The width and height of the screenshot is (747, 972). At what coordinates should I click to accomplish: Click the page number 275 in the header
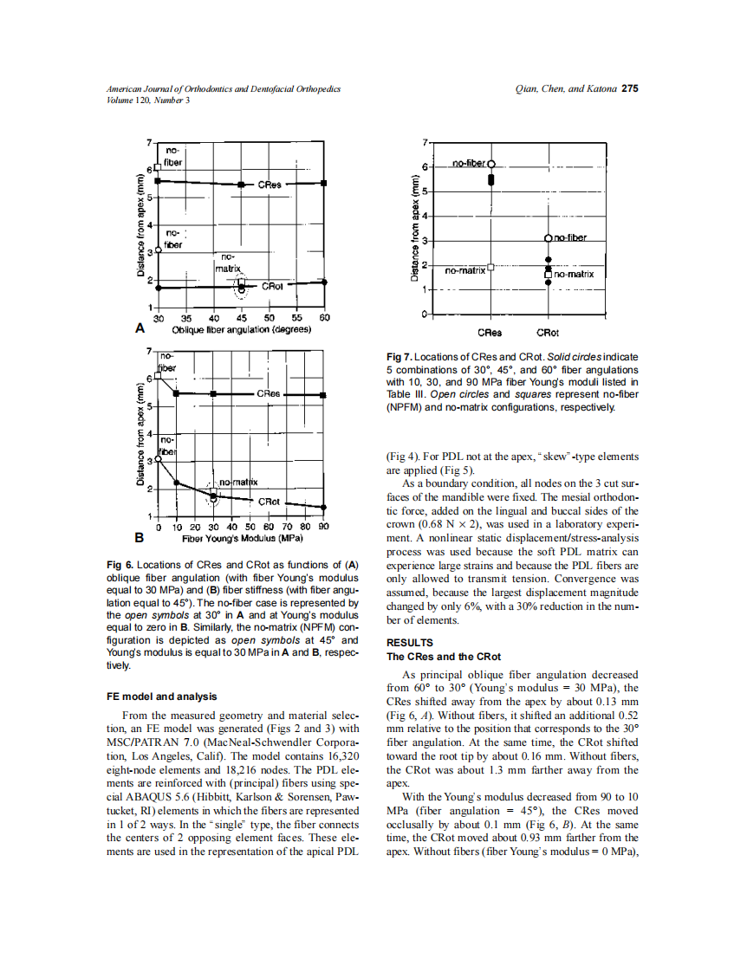tap(630, 88)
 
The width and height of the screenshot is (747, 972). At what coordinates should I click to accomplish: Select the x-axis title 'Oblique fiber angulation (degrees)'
tap(242, 330)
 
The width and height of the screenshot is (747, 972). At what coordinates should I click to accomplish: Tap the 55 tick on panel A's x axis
tap(297, 318)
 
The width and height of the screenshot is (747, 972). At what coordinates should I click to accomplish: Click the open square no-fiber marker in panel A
tap(158, 167)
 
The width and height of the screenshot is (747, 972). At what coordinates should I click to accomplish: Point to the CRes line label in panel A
tap(270, 185)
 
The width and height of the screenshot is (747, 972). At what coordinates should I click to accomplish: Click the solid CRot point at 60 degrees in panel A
tap(325, 281)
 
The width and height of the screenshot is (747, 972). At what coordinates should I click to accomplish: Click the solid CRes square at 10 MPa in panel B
tap(176, 393)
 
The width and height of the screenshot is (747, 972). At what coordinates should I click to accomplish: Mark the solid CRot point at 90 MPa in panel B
tap(324, 507)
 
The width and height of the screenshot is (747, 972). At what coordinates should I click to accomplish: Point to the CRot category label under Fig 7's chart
tap(548, 333)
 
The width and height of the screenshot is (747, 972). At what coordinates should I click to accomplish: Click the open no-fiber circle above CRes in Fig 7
tap(491, 164)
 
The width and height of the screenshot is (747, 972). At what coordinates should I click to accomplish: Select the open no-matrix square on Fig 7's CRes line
tap(491, 268)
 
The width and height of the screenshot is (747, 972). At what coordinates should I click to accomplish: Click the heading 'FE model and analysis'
tap(161, 696)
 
